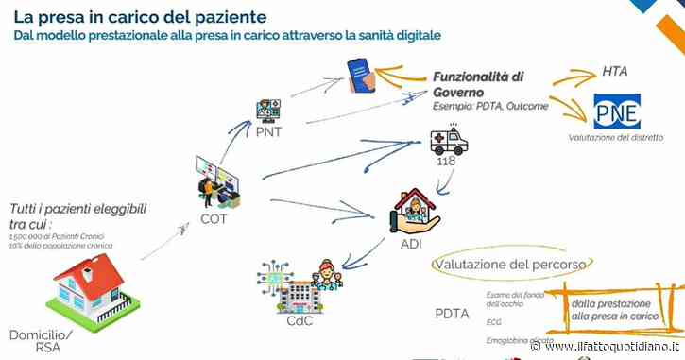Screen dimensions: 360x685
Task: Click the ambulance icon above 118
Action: click(x=447, y=141)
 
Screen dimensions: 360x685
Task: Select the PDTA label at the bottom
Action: click(x=451, y=313)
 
